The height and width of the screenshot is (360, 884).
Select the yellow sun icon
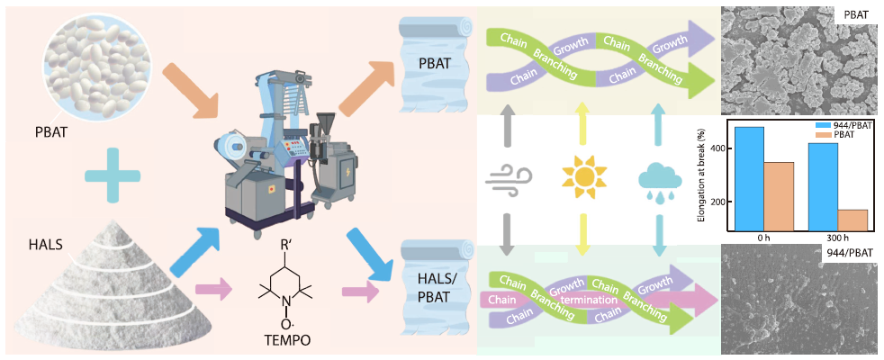click(x=585, y=175)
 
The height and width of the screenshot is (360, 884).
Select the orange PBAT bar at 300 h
click(x=852, y=220)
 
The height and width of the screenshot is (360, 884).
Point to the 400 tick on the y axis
click(x=717, y=148)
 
